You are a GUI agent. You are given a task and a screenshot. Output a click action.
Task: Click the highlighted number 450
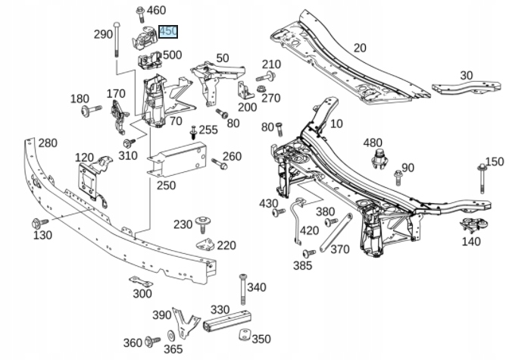coord(167,32)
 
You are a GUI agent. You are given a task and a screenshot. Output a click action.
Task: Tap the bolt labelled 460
coord(140,11)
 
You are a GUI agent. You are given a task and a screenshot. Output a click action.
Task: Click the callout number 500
coord(172,55)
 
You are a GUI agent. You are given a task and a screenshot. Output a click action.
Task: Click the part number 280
coord(48,143)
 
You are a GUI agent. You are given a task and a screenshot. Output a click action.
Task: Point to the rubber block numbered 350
coord(244,336)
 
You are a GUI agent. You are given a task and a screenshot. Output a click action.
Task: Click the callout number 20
coord(359,48)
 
